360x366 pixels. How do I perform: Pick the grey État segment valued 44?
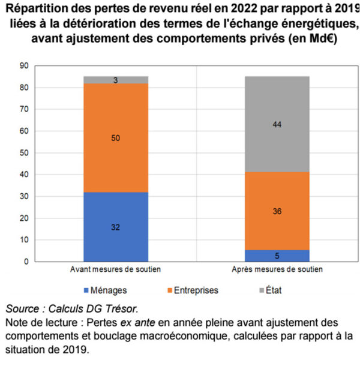277,124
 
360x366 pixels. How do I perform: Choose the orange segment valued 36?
277,211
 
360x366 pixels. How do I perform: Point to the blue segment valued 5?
277,256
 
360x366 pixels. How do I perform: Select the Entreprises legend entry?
192,290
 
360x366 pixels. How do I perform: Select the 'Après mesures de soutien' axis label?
277,270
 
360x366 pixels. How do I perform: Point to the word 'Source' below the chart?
24,309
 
